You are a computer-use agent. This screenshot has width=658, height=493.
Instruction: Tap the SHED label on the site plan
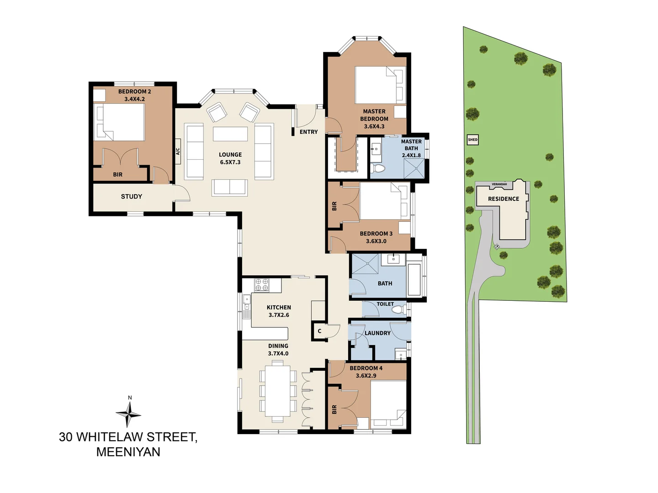[472, 140]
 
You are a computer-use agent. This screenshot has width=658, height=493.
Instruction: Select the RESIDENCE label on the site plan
[503, 199]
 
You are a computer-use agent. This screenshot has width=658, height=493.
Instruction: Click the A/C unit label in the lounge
[178, 151]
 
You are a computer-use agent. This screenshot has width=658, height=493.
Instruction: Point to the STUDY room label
[131, 197]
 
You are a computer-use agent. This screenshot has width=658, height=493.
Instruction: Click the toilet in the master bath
[378, 168]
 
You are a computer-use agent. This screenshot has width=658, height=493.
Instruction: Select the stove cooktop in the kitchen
[261, 285]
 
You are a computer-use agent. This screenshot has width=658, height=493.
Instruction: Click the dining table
[277, 391]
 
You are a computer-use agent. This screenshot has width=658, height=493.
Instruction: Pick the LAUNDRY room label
[377, 333]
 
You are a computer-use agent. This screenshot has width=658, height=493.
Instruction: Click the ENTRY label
[308, 132]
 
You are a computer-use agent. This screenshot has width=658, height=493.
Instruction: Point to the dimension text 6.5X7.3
[230, 163]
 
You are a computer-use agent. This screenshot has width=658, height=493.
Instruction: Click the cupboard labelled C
[319, 331]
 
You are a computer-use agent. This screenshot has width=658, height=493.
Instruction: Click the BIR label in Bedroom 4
[334, 409]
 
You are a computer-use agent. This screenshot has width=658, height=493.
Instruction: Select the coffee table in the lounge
[230, 134]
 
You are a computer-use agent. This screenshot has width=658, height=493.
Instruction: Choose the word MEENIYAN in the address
[128, 452]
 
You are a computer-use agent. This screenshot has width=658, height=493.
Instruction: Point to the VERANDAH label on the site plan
[499, 184]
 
